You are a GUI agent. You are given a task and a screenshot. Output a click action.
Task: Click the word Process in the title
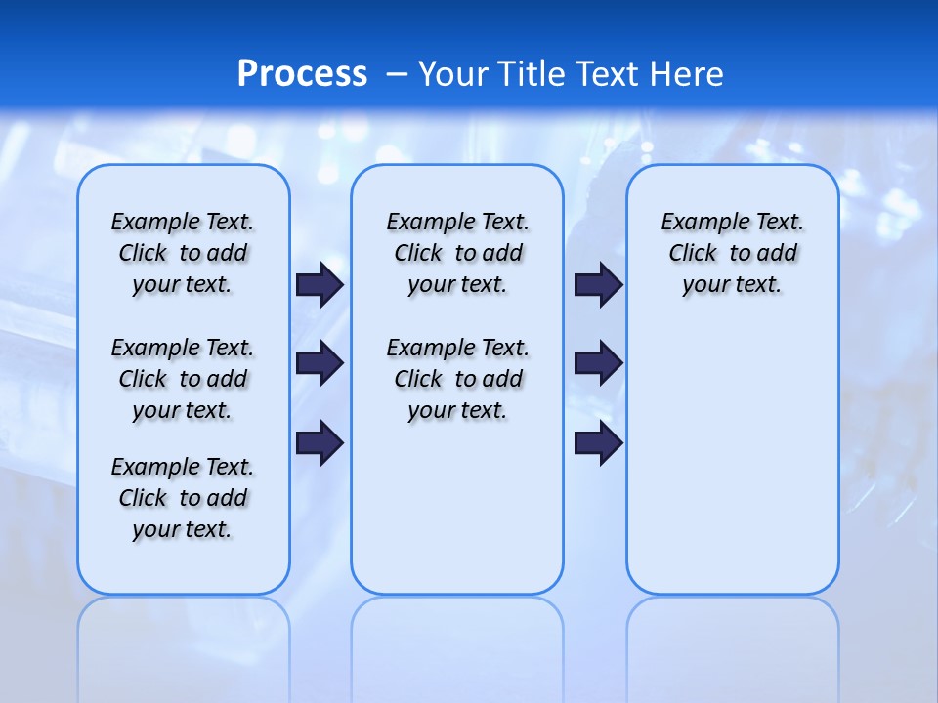tap(302, 73)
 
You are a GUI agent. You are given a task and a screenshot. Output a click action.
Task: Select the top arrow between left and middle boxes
tap(320, 284)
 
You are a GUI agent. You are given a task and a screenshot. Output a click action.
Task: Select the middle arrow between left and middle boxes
tap(320, 363)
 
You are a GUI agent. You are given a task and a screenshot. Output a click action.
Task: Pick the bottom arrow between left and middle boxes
tap(320, 443)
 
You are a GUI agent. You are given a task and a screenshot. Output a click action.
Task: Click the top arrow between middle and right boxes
tap(598, 284)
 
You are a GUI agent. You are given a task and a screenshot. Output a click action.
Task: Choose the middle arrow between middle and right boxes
tap(598, 363)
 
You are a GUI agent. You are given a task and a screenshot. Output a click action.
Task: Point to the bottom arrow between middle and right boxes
tap(598, 443)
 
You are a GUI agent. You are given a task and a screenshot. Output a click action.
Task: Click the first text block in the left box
tap(183, 253)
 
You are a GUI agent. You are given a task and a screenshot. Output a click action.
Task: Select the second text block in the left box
tap(183, 379)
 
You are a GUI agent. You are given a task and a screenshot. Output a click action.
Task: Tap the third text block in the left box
tap(183, 498)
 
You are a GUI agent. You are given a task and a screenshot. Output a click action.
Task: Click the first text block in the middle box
tap(458, 253)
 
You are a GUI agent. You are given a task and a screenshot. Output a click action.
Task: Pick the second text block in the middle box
tap(458, 379)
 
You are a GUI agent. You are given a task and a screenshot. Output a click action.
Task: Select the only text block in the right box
tap(733, 253)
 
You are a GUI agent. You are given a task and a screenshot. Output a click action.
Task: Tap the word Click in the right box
tap(693, 254)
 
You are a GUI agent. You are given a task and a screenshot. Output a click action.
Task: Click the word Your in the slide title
tap(452, 73)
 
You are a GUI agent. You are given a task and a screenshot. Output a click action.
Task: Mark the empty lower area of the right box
tap(733, 469)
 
